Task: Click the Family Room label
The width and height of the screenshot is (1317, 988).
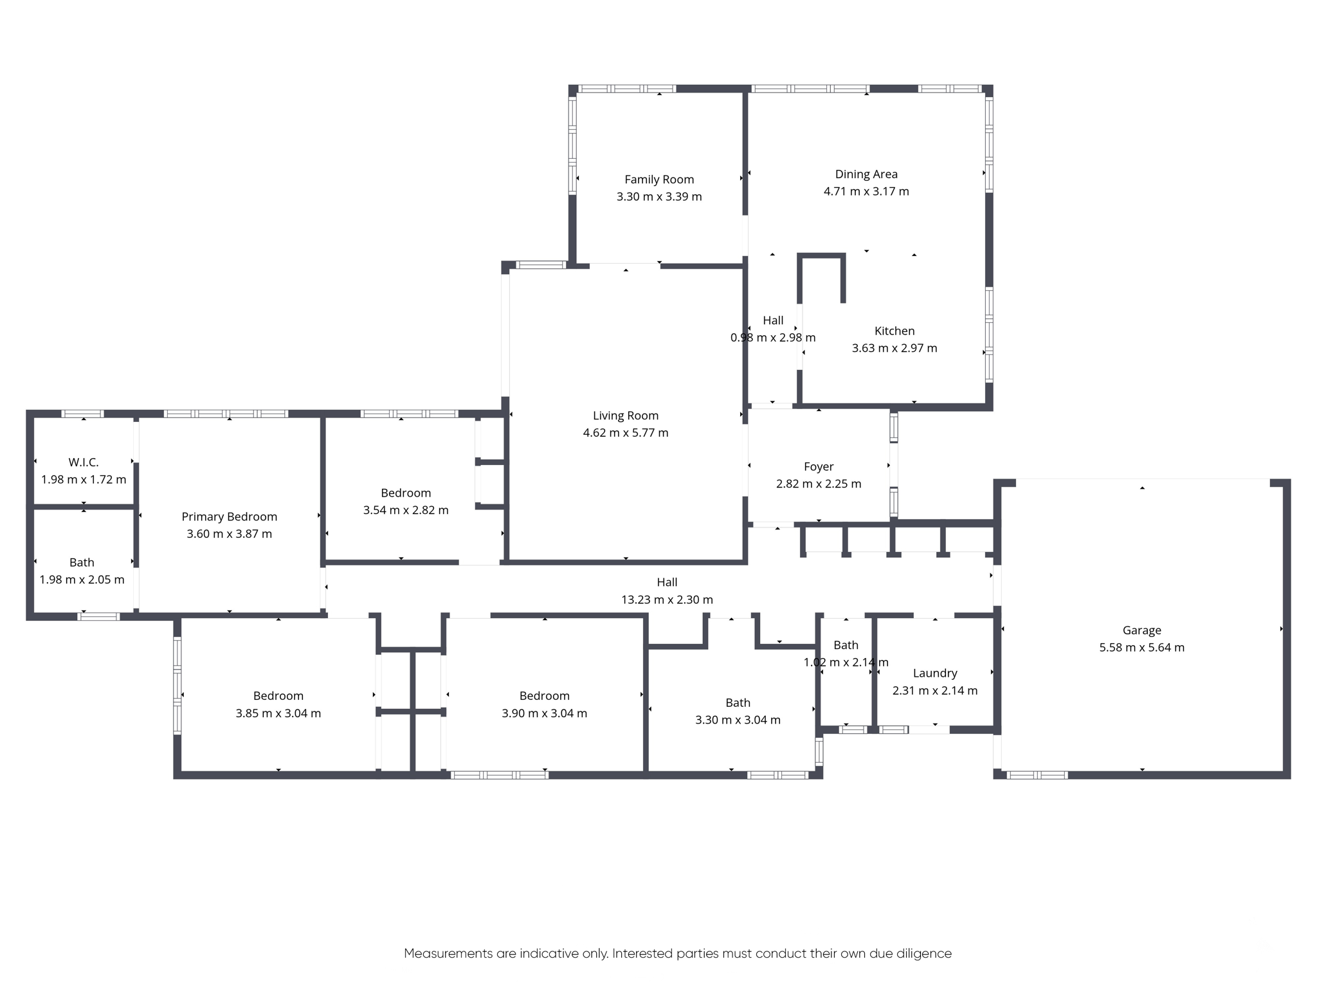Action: (x=659, y=179)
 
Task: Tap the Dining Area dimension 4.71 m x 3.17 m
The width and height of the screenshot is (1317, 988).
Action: (x=866, y=191)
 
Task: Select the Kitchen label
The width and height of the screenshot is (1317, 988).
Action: (x=895, y=331)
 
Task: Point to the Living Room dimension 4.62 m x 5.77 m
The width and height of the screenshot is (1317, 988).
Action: (x=626, y=433)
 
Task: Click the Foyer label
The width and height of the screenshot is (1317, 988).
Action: (x=819, y=467)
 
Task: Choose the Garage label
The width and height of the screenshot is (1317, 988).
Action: (x=1142, y=630)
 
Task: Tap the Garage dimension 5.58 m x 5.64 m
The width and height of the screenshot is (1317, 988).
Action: (x=1142, y=648)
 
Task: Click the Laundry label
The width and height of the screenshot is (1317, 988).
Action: (x=935, y=673)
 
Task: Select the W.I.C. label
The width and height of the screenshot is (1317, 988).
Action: (x=84, y=462)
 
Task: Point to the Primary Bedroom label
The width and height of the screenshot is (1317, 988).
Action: (x=230, y=517)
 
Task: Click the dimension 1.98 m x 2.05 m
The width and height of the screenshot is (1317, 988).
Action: (x=82, y=580)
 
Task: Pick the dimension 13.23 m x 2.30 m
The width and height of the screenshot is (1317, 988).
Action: (x=667, y=599)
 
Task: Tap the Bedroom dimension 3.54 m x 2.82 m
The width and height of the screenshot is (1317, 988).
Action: (x=406, y=510)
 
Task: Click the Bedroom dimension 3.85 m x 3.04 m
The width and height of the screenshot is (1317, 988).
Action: (x=278, y=713)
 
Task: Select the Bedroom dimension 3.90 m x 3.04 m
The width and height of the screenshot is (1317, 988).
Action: (x=545, y=713)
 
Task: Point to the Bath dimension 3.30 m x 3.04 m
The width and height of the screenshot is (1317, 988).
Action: (x=738, y=720)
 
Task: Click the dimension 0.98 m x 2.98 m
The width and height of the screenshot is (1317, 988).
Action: (x=773, y=338)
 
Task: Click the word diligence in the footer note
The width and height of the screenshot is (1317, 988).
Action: (x=925, y=953)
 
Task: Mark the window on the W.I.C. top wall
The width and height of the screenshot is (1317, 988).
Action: (x=82, y=414)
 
